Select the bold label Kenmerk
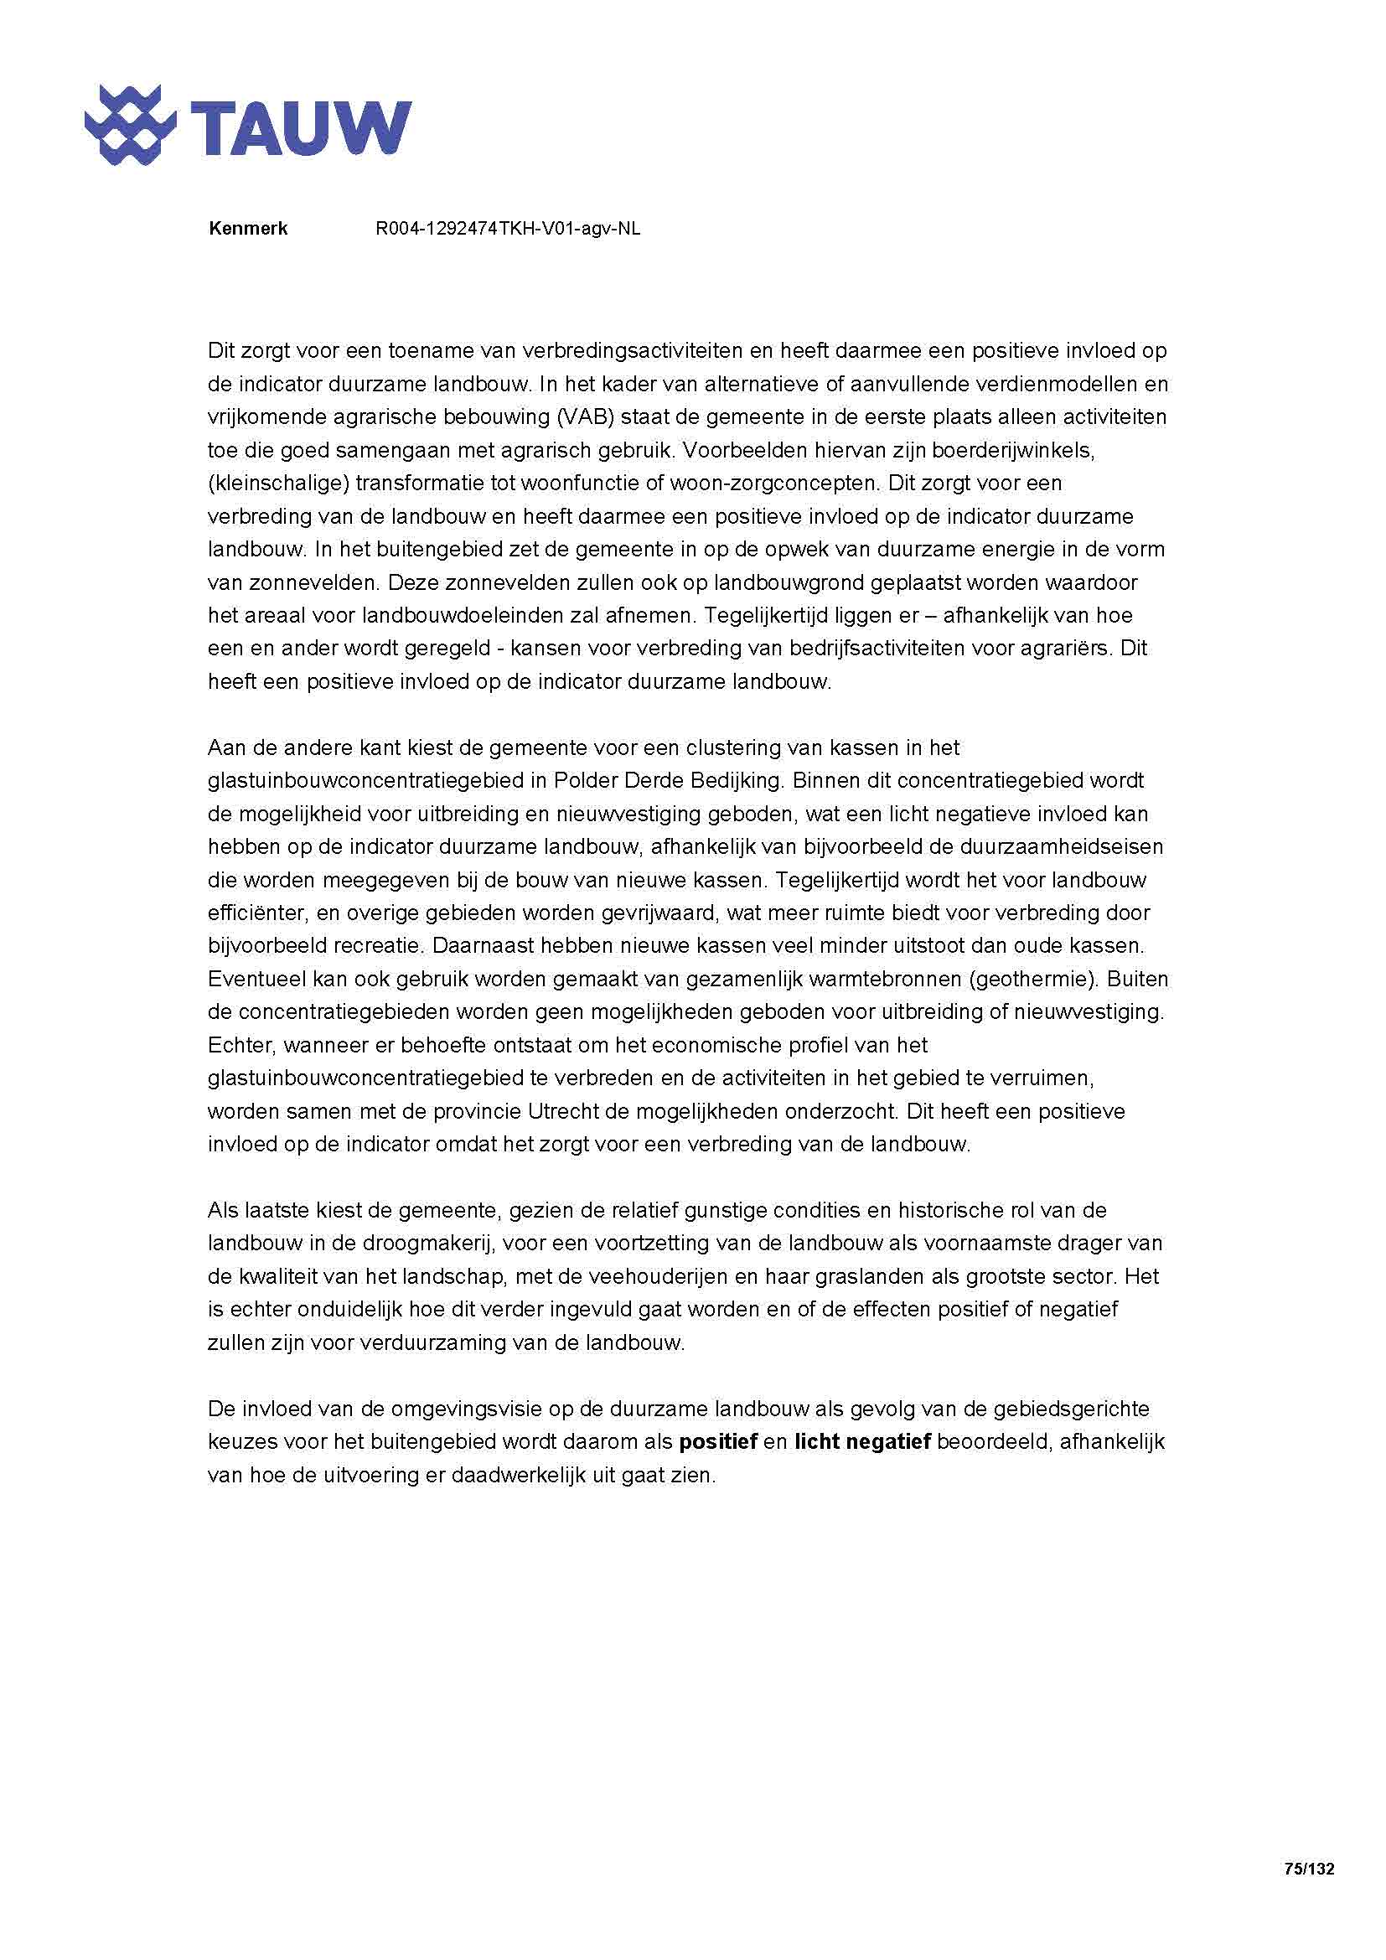point(247,229)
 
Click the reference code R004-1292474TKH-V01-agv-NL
point(508,229)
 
